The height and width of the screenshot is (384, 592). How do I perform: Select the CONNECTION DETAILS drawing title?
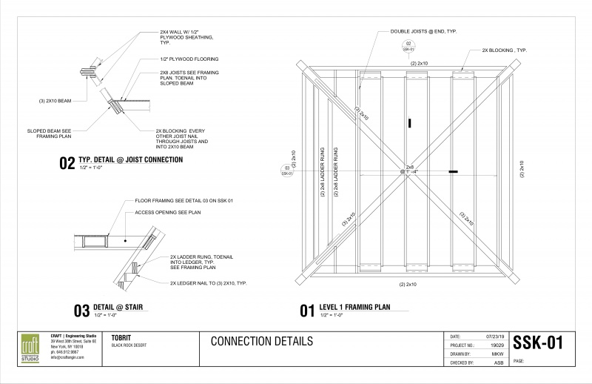(261, 341)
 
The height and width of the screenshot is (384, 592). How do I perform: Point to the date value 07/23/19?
(494, 337)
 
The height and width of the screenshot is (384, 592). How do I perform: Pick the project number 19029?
(497, 345)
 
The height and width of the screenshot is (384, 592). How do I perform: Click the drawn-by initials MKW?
(497, 354)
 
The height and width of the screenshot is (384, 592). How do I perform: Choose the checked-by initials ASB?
(498, 363)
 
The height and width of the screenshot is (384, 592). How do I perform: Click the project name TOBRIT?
(122, 337)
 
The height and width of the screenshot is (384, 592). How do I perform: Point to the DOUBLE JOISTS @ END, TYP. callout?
(417, 32)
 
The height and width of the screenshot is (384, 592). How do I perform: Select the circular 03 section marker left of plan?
(287, 171)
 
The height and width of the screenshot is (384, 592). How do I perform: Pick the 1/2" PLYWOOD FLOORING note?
(189, 59)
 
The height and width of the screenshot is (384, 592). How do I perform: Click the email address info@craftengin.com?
(67, 357)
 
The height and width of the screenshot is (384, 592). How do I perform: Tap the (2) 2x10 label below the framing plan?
(408, 285)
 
